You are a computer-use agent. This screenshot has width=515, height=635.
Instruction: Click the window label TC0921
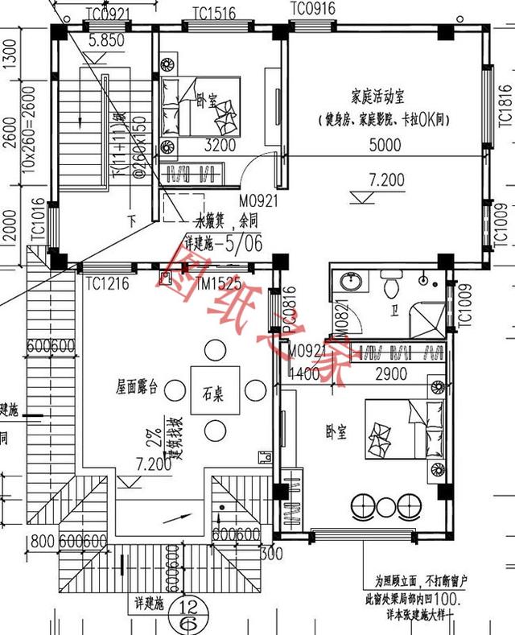107,13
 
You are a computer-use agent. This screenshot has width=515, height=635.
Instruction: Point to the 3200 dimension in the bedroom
220,146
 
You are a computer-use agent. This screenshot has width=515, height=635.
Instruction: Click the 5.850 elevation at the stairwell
105,38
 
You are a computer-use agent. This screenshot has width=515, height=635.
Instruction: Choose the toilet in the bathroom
392,285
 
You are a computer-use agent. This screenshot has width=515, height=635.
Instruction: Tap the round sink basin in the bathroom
351,283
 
